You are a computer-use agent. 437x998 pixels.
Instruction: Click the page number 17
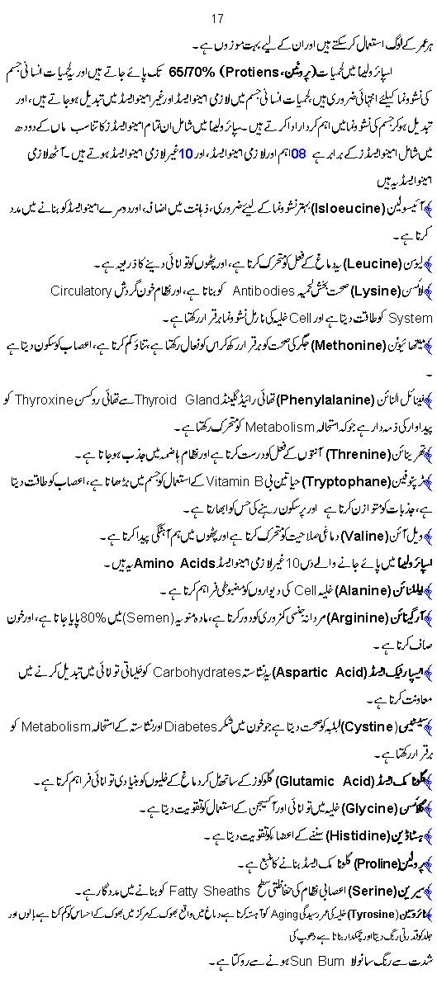pos(218,18)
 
